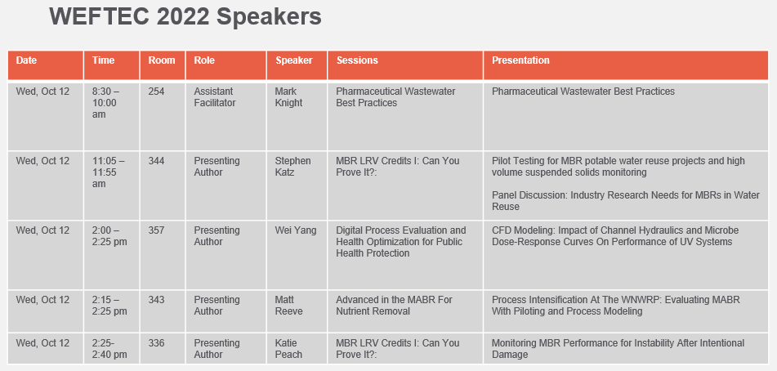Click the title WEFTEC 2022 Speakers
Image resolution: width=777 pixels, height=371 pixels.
click(185, 17)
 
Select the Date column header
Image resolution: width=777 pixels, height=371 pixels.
click(26, 60)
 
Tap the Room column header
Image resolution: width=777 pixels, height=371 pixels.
click(162, 60)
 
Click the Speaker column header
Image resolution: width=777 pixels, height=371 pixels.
click(294, 60)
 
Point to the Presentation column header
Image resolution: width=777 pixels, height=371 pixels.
click(520, 60)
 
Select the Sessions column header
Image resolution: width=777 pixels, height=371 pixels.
click(357, 60)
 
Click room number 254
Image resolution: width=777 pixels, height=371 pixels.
click(156, 92)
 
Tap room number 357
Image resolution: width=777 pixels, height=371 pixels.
click(156, 230)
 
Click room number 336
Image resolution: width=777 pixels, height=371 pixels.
click(156, 342)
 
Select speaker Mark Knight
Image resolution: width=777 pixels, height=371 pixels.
click(288, 97)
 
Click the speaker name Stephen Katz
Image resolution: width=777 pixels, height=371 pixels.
click(292, 167)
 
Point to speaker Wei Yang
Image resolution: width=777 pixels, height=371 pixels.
click(295, 230)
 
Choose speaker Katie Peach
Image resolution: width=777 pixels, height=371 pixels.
click(288, 348)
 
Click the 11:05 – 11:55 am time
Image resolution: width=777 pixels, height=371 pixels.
click(108, 172)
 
